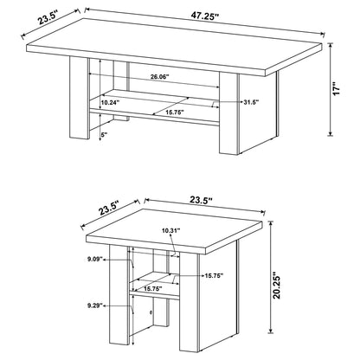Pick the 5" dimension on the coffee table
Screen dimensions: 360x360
tap(104, 135)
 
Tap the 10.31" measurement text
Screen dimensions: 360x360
tap(170, 230)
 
